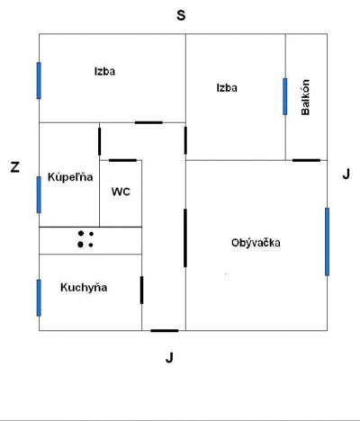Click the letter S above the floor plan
click(x=181, y=15)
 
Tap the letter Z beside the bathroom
click(x=15, y=167)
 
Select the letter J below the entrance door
click(x=169, y=357)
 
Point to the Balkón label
click(x=305, y=97)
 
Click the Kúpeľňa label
click(x=70, y=177)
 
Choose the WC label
click(x=121, y=192)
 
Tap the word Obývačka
click(x=256, y=242)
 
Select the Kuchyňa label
click(x=84, y=287)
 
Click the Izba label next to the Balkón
click(x=227, y=88)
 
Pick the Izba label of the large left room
click(x=104, y=71)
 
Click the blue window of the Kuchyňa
click(x=39, y=298)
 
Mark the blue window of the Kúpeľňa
click(x=39, y=195)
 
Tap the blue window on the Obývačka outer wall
click(x=327, y=242)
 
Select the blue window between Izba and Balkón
click(x=284, y=96)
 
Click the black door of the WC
click(x=122, y=160)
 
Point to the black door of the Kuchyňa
click(x=141, y=290)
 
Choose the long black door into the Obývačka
click(x=185, y=237)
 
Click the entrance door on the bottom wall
click(x=165, y=331)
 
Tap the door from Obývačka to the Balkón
click(x=306, y=160)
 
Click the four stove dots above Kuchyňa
click(x=85, y=239)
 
